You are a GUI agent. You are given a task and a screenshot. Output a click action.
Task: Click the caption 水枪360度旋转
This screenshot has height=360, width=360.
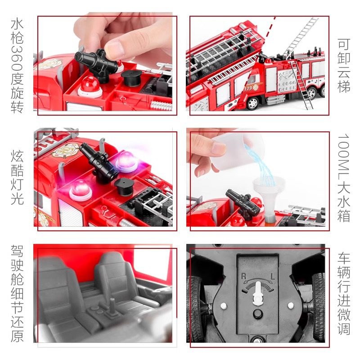(17, 66)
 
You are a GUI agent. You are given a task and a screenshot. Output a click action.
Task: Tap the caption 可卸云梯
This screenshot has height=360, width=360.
(344, 66)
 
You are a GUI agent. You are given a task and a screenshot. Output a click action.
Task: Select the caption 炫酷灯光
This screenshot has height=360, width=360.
(17, 178)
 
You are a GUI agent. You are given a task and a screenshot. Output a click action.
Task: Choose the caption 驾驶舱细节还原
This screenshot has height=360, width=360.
(17, 293)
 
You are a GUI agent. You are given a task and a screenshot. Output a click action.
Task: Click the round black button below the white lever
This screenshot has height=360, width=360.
(258, 314)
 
